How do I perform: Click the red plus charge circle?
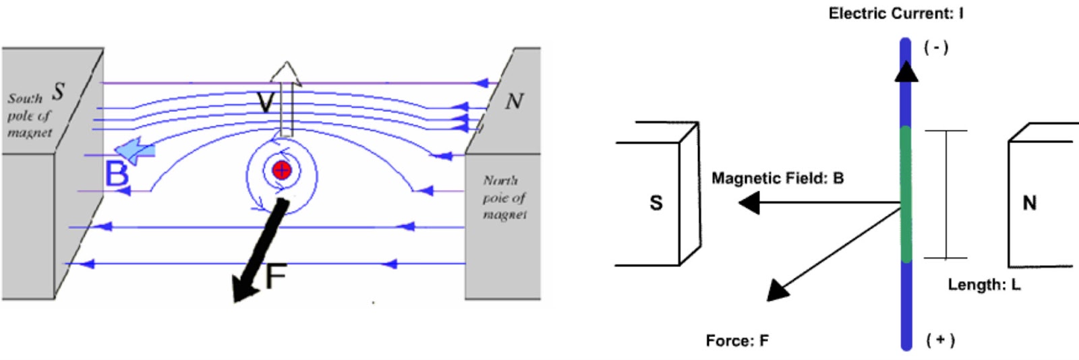point(282,170)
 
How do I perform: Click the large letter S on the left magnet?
point(59,91)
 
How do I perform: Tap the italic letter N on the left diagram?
point(514,101)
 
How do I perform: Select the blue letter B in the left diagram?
point(117,174)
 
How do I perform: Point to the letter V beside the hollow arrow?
point(266,103)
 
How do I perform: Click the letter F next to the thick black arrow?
point(276,276)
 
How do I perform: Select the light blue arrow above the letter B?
point(134,150)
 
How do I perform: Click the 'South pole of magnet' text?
point(30,115)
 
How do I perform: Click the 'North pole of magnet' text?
point(504,198)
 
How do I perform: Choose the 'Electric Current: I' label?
point(896,13)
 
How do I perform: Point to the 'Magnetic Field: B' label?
point(778,179)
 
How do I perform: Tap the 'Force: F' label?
point(736,340)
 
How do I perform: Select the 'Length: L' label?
point(984,284)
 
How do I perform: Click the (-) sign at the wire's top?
point(936,47)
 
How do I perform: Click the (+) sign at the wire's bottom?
point(940,340)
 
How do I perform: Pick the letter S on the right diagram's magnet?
point(655,203)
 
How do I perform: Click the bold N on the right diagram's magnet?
point(1029,203)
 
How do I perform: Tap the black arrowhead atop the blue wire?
point(906,71)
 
